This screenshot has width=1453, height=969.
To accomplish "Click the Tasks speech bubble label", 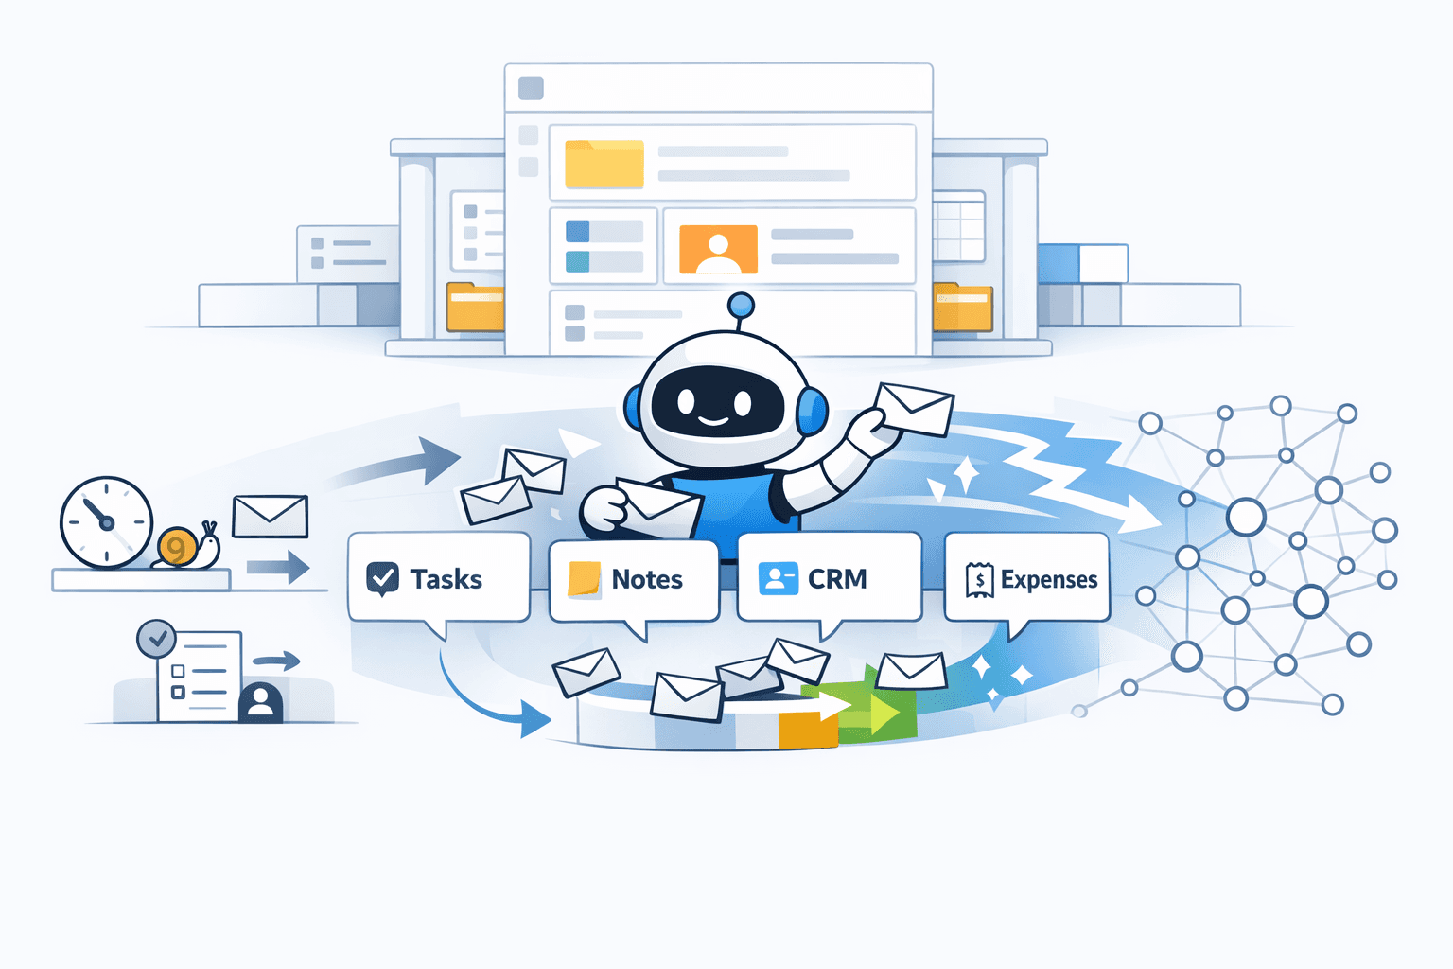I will [446, 578].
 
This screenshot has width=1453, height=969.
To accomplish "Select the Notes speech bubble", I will [634, 579].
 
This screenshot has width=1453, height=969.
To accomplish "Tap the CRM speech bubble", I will [830, 578].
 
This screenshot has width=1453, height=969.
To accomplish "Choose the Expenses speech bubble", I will [1027, 578].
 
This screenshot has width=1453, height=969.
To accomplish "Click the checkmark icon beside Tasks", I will [382, 578].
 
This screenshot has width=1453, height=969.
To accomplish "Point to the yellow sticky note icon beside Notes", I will [584, 579].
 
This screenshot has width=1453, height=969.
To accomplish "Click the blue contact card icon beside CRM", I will [778, 578].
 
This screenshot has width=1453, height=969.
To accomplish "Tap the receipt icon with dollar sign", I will [979, 579].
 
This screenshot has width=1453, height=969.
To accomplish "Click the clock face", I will [106, 522].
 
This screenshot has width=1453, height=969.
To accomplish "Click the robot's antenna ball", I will [742, 305].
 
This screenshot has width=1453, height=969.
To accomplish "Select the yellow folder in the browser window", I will [604, 164].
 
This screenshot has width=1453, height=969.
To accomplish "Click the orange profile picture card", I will [718, 250].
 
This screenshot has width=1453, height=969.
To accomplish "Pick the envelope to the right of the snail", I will [271, 517].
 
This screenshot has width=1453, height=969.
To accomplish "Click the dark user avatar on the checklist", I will [261, 703].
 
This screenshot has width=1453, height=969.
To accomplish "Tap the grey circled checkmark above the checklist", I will [156, 640].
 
